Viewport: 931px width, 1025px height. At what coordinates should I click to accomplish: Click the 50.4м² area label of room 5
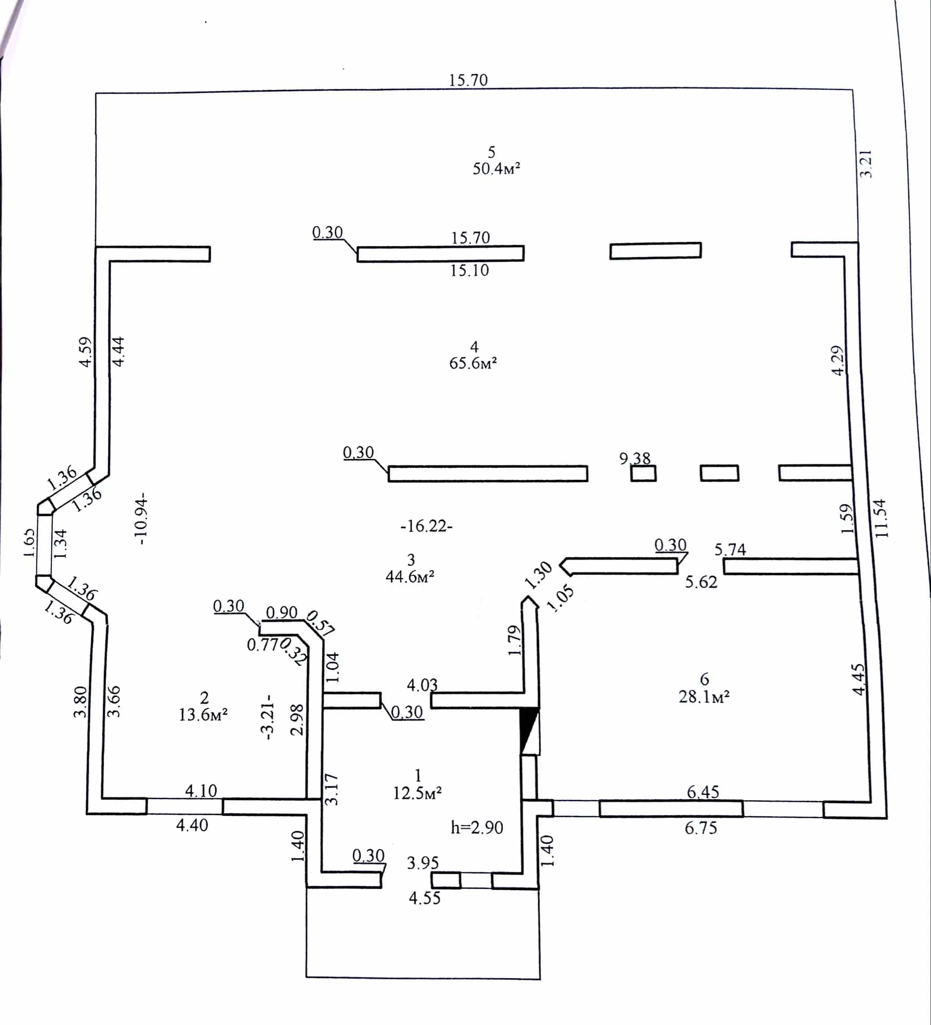coord(496,169)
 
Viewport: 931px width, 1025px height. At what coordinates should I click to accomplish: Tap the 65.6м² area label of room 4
coord(473,363)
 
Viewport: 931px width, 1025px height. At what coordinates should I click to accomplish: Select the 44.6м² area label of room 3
coord(410,577)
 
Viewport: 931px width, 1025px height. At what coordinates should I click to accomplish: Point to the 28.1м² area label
coord(704,697)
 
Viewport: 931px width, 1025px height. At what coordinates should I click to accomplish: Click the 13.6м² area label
coord(204,714)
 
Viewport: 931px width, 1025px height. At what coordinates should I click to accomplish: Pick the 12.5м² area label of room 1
coord(417,793)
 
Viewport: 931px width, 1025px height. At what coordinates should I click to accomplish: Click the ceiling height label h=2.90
coord(477,827)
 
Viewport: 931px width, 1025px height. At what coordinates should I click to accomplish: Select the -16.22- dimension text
coord(427,526)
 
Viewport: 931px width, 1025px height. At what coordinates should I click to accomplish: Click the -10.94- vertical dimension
coord(140,519)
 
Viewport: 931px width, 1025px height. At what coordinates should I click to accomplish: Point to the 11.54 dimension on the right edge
coord(881,518)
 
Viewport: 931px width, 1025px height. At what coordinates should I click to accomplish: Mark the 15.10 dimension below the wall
coord(470,270)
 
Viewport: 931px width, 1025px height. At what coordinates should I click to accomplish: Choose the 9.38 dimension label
coord(635,458)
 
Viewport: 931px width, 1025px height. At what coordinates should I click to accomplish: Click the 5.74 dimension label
coord(730,549)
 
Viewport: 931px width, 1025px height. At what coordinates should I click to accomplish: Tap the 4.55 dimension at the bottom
coord(424,898)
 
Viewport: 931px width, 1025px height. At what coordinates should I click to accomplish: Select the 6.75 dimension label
coord(701,828)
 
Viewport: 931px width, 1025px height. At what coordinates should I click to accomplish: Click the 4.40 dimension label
coord(192,825)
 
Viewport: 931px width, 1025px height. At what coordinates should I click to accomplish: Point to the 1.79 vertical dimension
coord(514,641)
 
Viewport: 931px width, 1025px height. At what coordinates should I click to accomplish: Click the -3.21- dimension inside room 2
coord(267,717)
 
